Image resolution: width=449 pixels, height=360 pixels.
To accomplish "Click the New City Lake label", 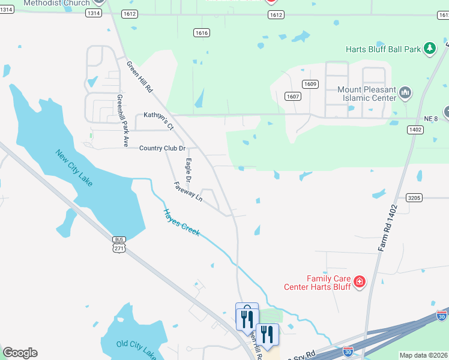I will (x=74, y=167).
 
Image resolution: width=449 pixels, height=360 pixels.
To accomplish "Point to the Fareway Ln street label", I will (x=188, y=191).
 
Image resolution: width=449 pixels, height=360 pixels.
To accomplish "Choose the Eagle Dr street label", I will (x=188, y=170).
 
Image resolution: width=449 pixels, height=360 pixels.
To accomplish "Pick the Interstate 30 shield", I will (x=442, y=315).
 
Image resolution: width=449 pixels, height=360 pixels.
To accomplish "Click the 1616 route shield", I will (x=202, y=33).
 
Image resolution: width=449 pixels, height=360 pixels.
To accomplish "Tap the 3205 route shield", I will (x=414, y=197).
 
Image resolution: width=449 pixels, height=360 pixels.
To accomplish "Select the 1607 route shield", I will (x=292, y=96).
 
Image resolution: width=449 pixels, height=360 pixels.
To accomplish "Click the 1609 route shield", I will (x=310, y=84).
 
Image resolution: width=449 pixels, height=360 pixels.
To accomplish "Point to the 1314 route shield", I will (x=93, y=13).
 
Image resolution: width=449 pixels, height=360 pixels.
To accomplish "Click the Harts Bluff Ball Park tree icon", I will (x=430, y=49).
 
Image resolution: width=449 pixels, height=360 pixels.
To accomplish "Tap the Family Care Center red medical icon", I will (x=360, y=281).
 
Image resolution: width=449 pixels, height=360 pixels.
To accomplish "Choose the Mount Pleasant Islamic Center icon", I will (x=405, y=93).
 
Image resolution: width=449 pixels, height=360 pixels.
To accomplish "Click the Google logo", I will (x=20, y=353).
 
